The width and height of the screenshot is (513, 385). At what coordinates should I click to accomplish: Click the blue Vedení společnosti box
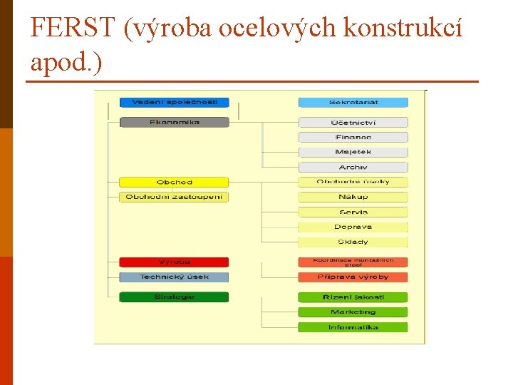tap(174, 103)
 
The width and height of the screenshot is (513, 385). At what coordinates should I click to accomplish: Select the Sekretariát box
tap(353, 103)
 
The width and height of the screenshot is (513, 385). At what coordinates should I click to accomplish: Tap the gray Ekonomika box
tap(174, 123)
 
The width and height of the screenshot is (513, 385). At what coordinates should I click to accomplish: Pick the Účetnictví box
tap(353, 123)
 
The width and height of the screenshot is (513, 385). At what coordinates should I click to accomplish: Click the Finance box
tap(353, 138)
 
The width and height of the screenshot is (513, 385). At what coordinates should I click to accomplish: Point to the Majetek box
tap(353, 152)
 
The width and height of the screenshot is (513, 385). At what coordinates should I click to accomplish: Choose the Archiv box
tap(353, 167)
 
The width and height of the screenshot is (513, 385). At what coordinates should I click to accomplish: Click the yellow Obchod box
tap(174, 183)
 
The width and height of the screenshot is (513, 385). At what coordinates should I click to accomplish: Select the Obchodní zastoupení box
tap(174, 197)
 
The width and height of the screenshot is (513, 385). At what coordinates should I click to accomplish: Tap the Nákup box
tap(353, 197)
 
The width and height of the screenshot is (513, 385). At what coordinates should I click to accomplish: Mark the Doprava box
tap(353, 227)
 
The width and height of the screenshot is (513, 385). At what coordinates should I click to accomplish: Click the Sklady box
tap(353, 242)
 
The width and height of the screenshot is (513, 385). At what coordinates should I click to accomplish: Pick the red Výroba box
tap(174, 262)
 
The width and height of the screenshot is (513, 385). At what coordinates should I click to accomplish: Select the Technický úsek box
tap(174, 277)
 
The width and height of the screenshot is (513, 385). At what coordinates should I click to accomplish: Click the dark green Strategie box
tap(174, 297)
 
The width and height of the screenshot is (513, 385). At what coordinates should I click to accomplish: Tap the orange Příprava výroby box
tap(353, 277)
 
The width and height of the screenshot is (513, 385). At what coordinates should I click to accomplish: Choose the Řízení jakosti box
tap(353, 297)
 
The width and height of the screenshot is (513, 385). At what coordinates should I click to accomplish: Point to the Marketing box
tap(353, 312)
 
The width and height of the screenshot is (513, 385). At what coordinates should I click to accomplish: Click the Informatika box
tap(353, 327)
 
